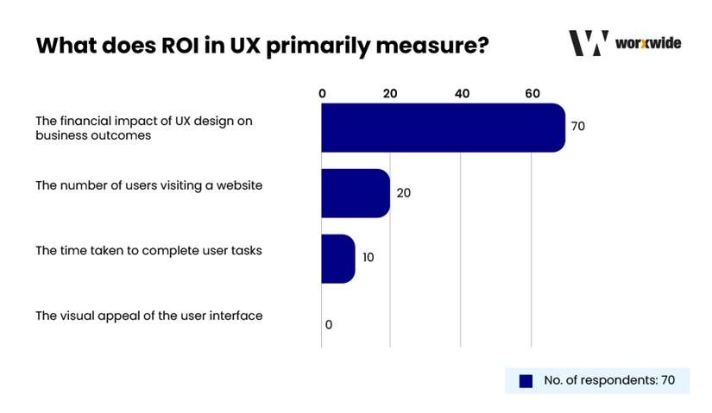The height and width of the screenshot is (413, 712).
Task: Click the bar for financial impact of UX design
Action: click(x=443, y=128)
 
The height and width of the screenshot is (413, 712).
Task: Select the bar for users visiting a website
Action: click(x=356, y=193)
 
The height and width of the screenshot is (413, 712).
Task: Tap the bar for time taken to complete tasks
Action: click(x=337, y=258)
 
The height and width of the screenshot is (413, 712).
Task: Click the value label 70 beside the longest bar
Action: click(x=578, y=127)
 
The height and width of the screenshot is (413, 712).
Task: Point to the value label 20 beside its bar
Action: click(x=403, y=193)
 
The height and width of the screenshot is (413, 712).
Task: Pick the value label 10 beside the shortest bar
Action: click(x=369, y=257)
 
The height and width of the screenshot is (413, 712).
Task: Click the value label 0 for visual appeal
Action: click(x=329, y=324)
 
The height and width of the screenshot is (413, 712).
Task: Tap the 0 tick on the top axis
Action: click(x=322, y=93)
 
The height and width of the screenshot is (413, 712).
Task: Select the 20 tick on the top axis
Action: click(x=390, y=93)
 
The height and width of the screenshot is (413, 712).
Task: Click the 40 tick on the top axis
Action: click(x=462, y=93)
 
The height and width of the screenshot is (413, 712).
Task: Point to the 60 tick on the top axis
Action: click(x=532, y=93)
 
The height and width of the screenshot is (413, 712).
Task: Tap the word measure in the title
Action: click(x=432, y=45)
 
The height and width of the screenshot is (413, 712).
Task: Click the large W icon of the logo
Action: click(x=589, y=43)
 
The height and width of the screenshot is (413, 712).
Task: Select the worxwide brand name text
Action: click(x=648, y=43)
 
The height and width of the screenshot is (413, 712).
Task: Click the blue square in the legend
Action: click(x=525, y=380)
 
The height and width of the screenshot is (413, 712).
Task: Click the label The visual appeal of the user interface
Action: click(x=148, y=316)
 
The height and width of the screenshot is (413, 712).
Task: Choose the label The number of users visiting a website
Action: click(x=148, y=185)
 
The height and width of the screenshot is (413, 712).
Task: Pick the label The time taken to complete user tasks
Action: click(x=148, y=251)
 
